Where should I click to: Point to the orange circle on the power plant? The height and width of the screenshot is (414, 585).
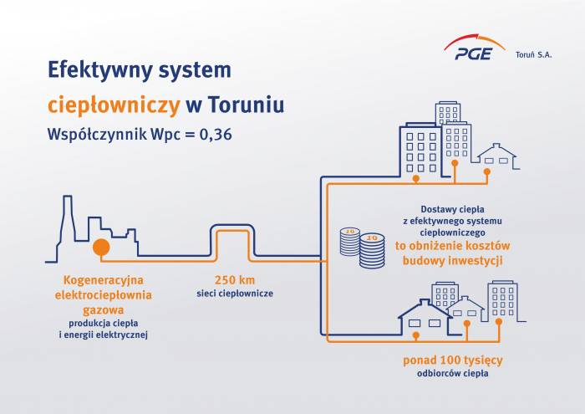(101, 248)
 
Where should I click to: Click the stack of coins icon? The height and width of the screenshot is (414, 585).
(361, 248)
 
